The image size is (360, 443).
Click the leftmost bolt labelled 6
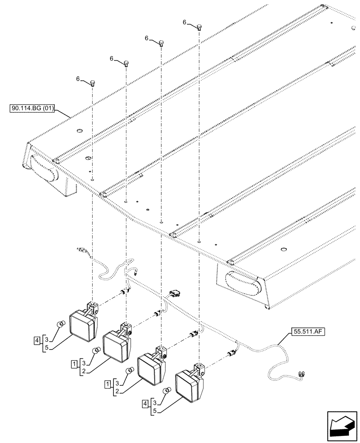point(93,83)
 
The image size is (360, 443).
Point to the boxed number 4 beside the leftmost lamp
point(36,341)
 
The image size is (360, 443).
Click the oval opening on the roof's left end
point(44,169)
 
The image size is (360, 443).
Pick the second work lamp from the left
point(116,344)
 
